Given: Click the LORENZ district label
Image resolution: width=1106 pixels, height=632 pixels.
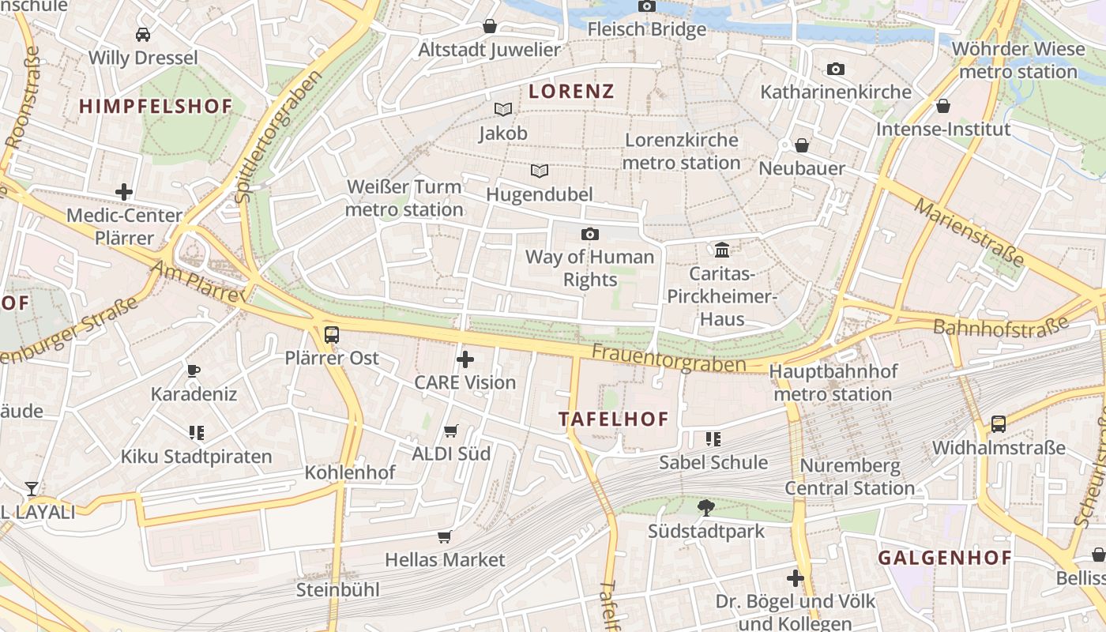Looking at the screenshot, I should click(x=571, y=91).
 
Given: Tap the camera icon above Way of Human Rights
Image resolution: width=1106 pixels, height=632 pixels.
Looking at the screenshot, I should click(x=589, y=234).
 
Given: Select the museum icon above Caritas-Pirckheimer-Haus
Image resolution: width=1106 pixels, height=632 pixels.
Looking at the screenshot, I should click(x=722, y=250).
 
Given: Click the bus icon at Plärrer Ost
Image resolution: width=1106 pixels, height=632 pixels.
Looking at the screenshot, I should click(x=332, y=334).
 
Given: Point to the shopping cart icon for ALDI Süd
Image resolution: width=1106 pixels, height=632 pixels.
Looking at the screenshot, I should click(x=451, y=431).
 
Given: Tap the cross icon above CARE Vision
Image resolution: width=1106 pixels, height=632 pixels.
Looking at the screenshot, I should click(x=465, y=359).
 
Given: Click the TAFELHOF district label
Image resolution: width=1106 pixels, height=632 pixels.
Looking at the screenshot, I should click(x=614, y=419).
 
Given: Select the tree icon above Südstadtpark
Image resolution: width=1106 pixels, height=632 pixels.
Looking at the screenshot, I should click(x=706, y=508).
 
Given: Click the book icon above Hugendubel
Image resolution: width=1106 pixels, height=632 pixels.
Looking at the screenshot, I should click(x=540, y=171).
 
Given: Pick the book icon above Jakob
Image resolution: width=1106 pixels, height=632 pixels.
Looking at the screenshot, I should click(x=503, y=110).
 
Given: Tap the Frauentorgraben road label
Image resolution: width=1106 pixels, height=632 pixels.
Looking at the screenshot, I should click(x=668, y=357).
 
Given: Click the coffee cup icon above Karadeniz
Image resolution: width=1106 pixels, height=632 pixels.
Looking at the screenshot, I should click(x=194, y=371).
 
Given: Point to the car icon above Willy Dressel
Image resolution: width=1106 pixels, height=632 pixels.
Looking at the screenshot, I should click(x=143, y=35).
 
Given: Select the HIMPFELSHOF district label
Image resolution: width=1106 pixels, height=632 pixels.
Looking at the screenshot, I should click(x=156, y=106).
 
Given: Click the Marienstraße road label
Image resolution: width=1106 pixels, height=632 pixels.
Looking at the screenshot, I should click(x=969, y=231).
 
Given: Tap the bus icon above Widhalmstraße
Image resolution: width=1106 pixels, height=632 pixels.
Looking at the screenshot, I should click(x=999, y=424).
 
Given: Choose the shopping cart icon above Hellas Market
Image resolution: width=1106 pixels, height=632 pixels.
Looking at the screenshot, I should click(x=445, y=537).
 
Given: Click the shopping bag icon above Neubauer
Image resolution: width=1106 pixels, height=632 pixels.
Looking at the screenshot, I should click(x=802, y=145).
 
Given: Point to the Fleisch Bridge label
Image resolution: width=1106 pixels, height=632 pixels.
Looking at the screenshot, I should click(x=647, y=29).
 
